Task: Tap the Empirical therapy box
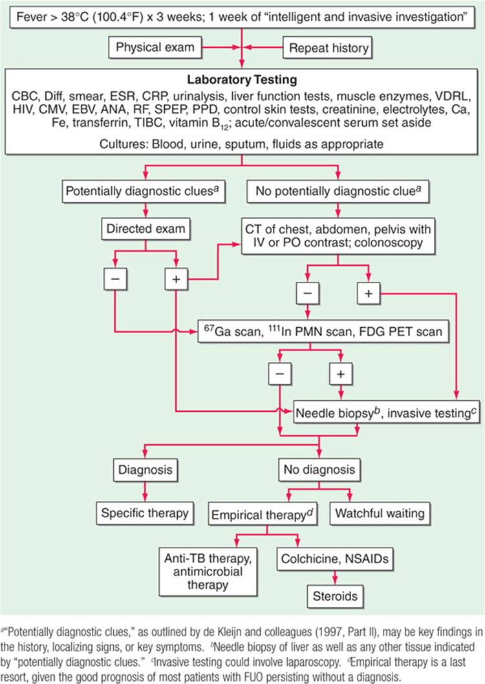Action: (261, 515)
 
